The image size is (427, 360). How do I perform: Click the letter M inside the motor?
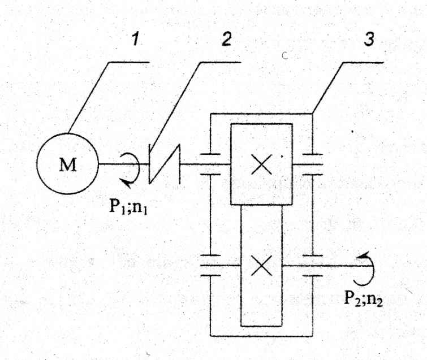coord(68,164)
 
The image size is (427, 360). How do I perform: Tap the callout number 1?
coord(135,39)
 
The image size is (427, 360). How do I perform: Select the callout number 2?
coord(227,39)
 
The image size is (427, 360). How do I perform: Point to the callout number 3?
coord(369,39)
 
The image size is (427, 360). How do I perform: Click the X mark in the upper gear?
coord(261,164)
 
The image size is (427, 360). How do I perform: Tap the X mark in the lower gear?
coord(261,265)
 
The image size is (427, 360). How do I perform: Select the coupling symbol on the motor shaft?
coord(165,164)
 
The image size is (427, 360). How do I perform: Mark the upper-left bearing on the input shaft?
coord(210,164)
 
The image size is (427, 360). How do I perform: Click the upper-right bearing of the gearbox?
coord(313,164)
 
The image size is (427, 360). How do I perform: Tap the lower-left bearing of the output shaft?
coord(210,266)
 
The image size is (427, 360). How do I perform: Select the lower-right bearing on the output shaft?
coord(313,266)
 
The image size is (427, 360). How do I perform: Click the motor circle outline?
coord(37,164)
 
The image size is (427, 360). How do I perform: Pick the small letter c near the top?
coord(285,55)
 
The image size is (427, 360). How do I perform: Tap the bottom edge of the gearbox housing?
coord(261,336)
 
